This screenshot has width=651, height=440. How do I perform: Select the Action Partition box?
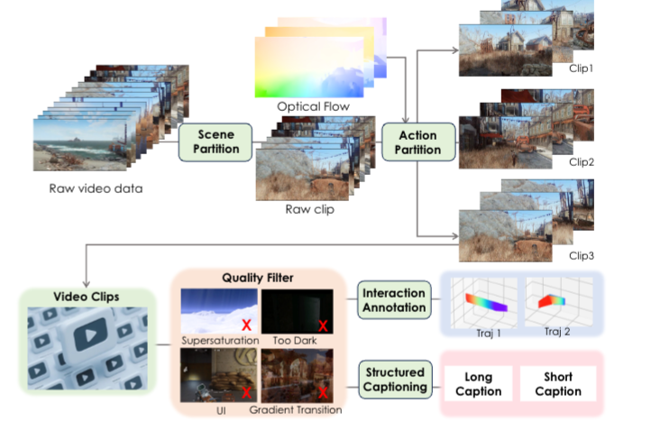tap(417, 142)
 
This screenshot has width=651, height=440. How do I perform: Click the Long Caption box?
tap(478, 384)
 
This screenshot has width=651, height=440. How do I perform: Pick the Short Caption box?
tap(558, 384)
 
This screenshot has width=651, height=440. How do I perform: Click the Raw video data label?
tap(96, 188)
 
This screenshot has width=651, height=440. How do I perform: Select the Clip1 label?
tap(582, 69)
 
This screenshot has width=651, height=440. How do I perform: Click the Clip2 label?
tap(582, 162)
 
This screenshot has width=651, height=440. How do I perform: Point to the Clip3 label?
tap(582, 256)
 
